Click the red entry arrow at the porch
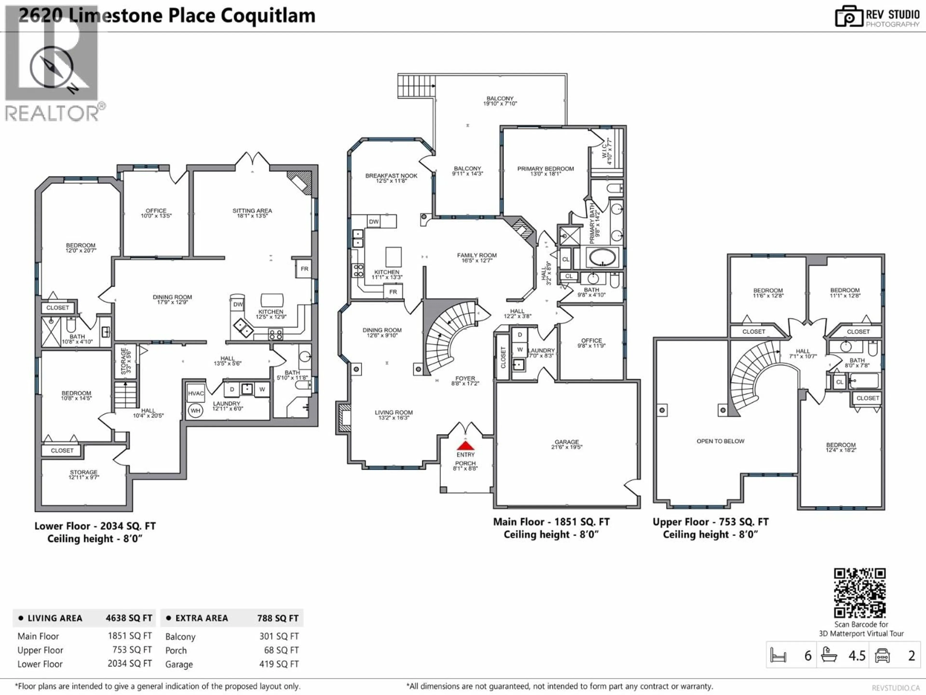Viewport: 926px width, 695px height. pos(465,445)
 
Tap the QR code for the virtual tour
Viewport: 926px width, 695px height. pos(859,593)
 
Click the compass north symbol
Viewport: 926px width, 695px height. pos(52,67)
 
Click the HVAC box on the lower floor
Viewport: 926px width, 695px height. pos(196,393)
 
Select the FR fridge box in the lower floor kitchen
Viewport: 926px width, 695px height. pos(304,269)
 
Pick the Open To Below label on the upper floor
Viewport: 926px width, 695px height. pos(720,441)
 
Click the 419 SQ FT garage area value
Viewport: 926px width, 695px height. pos(279,664)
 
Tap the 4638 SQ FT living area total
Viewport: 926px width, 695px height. pos(129,618)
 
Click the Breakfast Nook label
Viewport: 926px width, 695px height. pos(391,178)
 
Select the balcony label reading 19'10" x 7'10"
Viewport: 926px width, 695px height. pos(500,101)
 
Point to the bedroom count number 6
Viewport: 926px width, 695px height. pos(808,656)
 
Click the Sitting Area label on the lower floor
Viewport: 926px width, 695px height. pos(252,213)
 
